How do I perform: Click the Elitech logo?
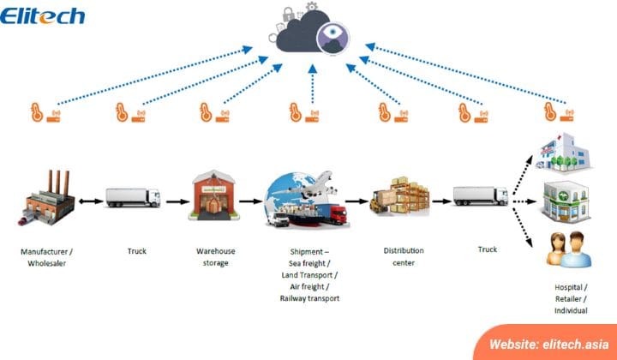click(42, 15)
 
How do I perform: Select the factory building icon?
click(46, 198)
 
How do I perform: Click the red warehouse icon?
click(214, 195)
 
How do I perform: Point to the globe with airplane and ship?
click(307, 200)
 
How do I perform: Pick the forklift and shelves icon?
click(399, 196)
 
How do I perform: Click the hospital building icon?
click(563, 153)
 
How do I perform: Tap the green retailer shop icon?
click(566, 201)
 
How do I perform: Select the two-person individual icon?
click(569, 249)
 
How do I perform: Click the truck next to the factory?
click(133, 197)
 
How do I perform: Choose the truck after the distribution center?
click(481, 196)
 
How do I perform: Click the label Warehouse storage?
click(216, 257)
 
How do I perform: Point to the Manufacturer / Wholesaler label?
click(46, 257)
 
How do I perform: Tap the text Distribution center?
click(404, 256)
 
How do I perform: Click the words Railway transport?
click(309, 298)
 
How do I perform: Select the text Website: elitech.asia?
click(549, 345)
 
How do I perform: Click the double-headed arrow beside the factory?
click(91, 201)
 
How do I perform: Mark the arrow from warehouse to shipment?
click(250, 201)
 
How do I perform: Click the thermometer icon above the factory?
click(37, 112)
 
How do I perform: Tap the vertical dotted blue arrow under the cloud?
click(313, 84)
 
